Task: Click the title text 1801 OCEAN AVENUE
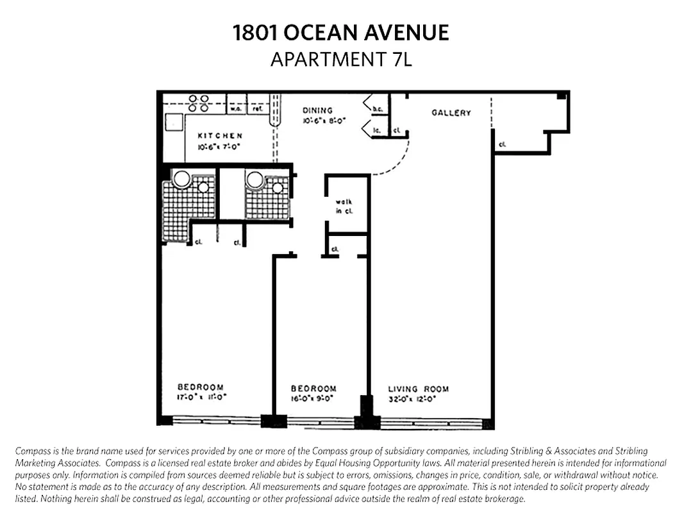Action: pyautogui.click(x=341, y=33)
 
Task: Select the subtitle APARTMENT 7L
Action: pyautogui.click(x=341, y=59)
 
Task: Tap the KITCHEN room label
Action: pyautogui.click(x=220, y=136)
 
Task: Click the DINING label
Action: pyautogui.click(x=318, y=110)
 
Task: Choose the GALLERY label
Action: pyautogui.click(x=451, y=113)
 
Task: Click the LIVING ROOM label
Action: pyautogui.click(x=418, y=389)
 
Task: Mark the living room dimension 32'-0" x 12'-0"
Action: pyautogui.click(x=412, y=398)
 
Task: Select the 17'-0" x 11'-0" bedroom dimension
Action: pyautogui.click(x=202, y=397)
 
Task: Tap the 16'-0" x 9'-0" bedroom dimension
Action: pyautogui.click(x=314, y=398)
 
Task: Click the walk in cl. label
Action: pyautogui.click(x=344, y=206)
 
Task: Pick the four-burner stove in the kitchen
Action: pyautogui.click(x=199, y=103)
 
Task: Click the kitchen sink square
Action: pyautogui.click(x=174, y=122)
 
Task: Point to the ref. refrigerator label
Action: pyautogui.click(x=258, y=110)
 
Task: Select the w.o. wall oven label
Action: pyautogui.click(x=236, y=110)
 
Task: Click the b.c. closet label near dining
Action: pyautogui.click(x=378, y=110)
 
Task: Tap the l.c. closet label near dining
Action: pyautogui.click(x=377, y=130)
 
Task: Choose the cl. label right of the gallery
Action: pyautogui.click(x=502, y=145)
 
